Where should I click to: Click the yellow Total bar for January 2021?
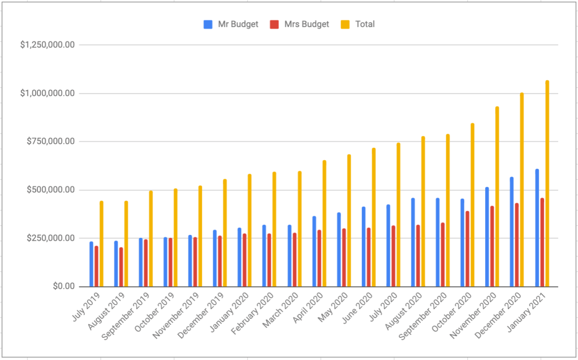click(547, 183)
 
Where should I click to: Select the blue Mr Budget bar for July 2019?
click(91, 264)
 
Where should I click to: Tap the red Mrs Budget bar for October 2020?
click(468, 249)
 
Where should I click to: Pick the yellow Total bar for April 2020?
click(324, 224)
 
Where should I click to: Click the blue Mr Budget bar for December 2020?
click(512, 232)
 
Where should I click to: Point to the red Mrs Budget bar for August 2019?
click(121, 267)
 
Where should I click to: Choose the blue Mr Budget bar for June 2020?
click(364, 247)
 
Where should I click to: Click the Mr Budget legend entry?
click(231, 24)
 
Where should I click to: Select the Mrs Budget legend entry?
click(299, 24)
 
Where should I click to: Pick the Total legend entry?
click(358, 24)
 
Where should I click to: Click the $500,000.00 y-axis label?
click(50, 190)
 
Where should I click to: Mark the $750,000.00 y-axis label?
click(50, 142)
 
